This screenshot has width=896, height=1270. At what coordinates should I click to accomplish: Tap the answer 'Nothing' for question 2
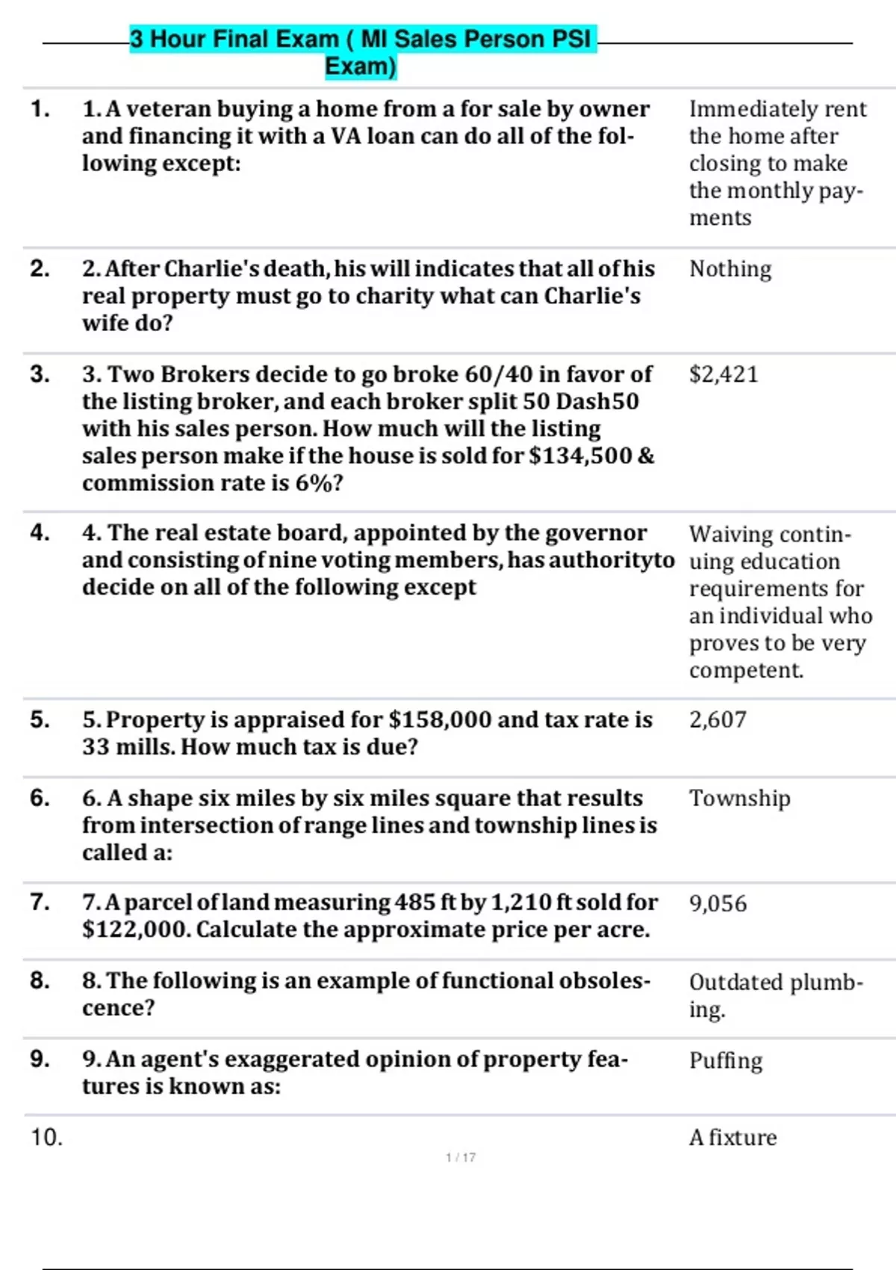pyautogui.click(x=729, y=269)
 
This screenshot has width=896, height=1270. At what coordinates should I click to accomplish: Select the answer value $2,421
pyautogui.click(x=723, y=374)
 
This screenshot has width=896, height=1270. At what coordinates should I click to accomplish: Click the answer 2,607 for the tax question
pyautogui.click(x=717, y=719)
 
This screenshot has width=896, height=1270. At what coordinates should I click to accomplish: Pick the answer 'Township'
pyautogui.click(x=739, y=798)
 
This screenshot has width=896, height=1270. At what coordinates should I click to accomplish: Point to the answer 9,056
pyautogui.click(x=718, y=903)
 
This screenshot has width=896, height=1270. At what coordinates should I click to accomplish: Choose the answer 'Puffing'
pyautogui.click(x=725, y=1060)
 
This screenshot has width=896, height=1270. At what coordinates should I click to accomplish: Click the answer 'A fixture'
pyautogui.click(x=732, y=1137)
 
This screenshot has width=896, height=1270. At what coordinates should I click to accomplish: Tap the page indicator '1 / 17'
pyautogui.click(x=460, y=1157)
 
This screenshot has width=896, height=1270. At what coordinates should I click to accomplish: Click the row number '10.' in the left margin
pyautogui.click(x=46, y=1137)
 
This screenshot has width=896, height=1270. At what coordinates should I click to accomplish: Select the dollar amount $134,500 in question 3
pyautogui.click(x=580, y=456)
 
